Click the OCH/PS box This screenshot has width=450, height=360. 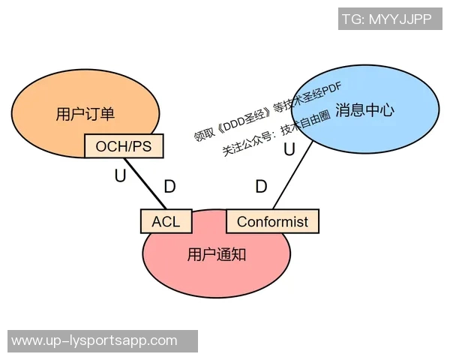pos(124,146)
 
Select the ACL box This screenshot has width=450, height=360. pos(166,221)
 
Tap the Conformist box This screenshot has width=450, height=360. pos(272,221)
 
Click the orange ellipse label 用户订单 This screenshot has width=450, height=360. pos(85,114)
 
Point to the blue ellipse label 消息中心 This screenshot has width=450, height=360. pos(364,109)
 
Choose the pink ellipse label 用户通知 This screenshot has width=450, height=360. pos(217,254)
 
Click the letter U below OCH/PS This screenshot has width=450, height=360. pos(120,176)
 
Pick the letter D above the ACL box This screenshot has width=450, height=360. pos(170,187)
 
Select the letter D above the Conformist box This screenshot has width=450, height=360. pos(261,187)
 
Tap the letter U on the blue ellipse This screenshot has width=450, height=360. pos(289,149)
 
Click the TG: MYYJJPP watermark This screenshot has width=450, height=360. pos(386,19)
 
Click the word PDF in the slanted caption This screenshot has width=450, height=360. pos(320,87)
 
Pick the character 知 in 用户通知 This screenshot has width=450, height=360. pos(238,254)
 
